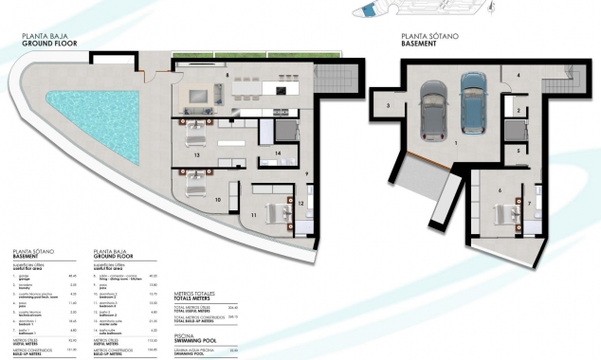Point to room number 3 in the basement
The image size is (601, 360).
click(389, 106)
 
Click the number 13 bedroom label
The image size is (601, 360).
click(196, 153)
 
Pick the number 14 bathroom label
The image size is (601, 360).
click(279, 153)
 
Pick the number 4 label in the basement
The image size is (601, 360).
click(519, 75)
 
